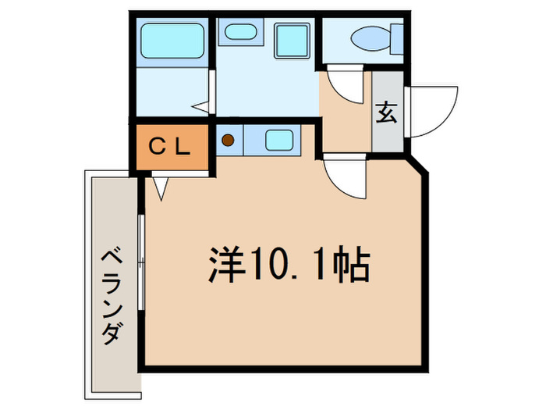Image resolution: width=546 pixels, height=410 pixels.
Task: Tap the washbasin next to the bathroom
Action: click(239, 32)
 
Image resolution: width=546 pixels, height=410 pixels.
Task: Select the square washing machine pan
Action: click(292, 41)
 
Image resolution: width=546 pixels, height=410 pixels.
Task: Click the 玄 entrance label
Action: click(387, 112)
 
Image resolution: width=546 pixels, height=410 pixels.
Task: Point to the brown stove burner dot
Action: click(229, 141)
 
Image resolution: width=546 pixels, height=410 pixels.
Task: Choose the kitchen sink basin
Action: click(279, 140)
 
